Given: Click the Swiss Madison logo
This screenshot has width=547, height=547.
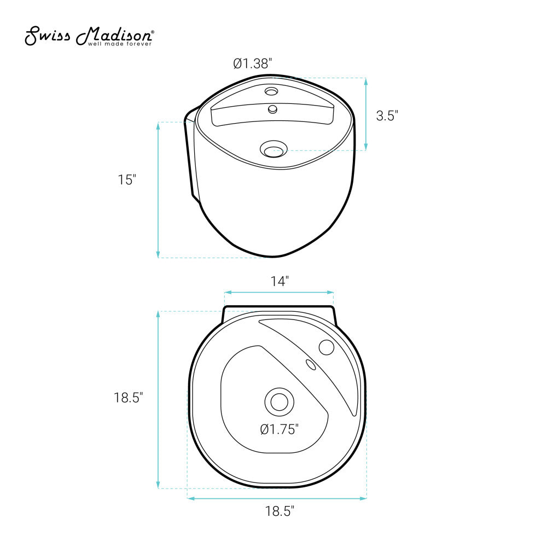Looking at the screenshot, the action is [89, 36].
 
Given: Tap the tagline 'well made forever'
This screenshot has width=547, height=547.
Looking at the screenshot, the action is [120, 44].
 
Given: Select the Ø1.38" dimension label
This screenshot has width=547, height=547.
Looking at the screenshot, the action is [253, 63].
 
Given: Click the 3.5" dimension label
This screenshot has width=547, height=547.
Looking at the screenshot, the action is [387, 115].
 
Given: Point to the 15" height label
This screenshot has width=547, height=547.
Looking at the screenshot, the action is [127, 179].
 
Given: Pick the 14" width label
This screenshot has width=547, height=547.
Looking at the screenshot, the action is [280, 281].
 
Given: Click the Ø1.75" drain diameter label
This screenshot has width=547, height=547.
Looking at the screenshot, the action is [280, 429].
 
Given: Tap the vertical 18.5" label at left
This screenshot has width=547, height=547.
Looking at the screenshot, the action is [129, 397].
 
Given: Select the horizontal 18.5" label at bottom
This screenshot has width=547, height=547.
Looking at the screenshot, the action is [280, 511].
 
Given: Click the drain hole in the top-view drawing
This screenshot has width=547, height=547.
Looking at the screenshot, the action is [279, 402].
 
